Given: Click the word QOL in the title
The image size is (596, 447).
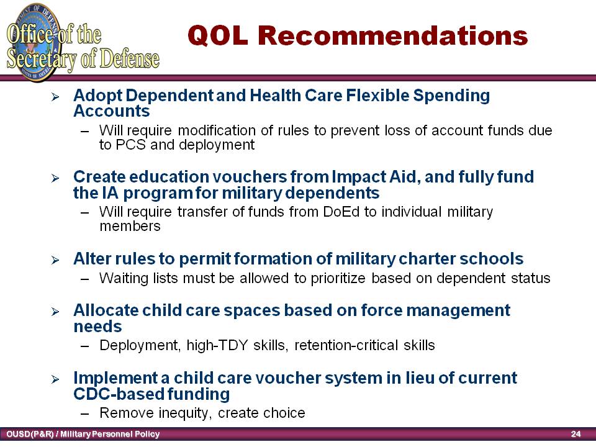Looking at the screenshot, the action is pyautogui.click(x=218, y=36).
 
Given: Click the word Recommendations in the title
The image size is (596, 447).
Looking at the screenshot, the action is pyautogui.click(x=393, y=36).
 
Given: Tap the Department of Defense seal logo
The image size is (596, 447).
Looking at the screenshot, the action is pyautogui.click(x=34, y=42).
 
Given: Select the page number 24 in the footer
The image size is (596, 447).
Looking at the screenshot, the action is pyautogui.click(x=576, y=434).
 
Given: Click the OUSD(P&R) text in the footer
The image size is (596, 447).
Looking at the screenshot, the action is pyautogui.click(x=30, y=434).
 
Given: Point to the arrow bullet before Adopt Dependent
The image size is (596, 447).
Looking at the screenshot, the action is pyautogui.click(x=55, y=97).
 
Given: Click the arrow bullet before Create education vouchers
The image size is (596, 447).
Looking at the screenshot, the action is pyautogui.click(x=55, y=178).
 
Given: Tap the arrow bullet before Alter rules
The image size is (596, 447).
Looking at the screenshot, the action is pyautogui.click(x=55, y=260).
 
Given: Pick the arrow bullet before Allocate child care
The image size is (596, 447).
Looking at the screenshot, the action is pyautogui.click(x=55, y=312).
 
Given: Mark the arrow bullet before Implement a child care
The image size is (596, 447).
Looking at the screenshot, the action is pyautogui.click(x=55, y=379).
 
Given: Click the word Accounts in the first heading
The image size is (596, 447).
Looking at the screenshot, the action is pyautogui.click(x=112, y=111).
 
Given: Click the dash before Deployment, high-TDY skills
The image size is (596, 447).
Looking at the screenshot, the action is pyautogui.click(x=85, y=346).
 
